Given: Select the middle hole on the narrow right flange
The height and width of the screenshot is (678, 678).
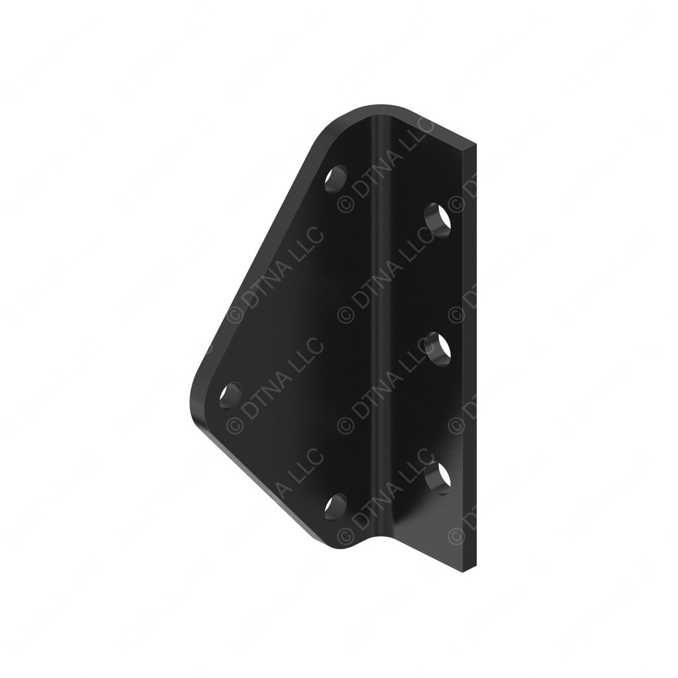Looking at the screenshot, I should coord(436,346).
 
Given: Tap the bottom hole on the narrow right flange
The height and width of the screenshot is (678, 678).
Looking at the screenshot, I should coord(436,477).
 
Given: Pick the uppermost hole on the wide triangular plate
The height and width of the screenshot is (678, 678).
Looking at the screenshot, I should coord(336,179).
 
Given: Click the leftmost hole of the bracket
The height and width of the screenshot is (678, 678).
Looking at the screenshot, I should coord(231,395).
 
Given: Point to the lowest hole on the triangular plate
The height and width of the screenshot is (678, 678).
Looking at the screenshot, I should coord(336,507).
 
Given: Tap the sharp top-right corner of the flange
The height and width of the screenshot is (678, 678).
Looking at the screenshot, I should coord(475,146).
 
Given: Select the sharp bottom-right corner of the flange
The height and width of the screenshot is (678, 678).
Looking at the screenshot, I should coord(475,568).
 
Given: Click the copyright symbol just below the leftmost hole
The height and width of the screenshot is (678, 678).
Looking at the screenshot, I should coord(234,424).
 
